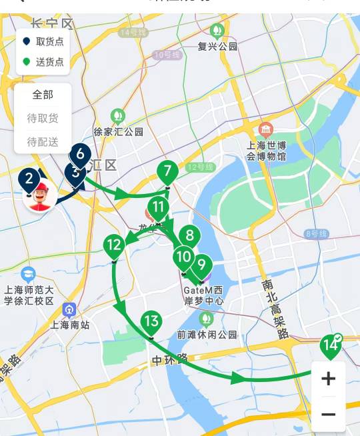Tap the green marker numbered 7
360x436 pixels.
[x=167, y=171]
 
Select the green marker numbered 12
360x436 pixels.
[x=114, y=245]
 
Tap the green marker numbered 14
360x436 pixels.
[x=329, y=345]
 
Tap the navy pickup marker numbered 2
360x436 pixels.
[x=28, y=178]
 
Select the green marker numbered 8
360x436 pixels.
[x=190, y=235]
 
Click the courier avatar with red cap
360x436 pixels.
[x=41, y=197]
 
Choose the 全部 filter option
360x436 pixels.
[x=43, y=95]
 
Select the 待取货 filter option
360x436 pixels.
[x=43, y=119]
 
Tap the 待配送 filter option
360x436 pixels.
[x=43, y=142]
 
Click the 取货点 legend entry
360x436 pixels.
[x=43, y=41]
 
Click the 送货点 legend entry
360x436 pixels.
[x=43, y=62]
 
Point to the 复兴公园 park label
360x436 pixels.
[x=217, y=46]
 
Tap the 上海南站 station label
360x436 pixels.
[x=69, y=325]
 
